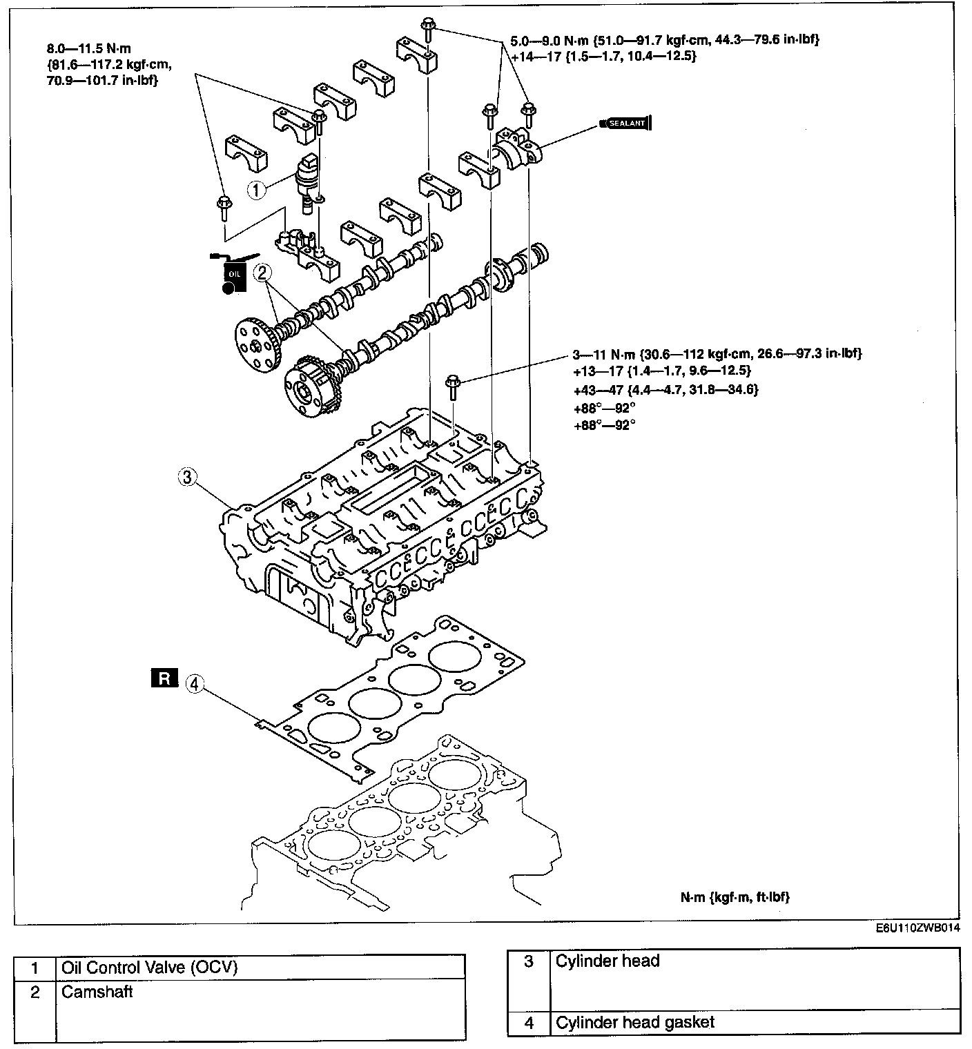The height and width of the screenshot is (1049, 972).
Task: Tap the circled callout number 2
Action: click(x=262, y=273)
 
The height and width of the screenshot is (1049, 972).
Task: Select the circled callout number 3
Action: click(x=187, y=476)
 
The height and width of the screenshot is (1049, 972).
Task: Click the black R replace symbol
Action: click(x=164, y=678)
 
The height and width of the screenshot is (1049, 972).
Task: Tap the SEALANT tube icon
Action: click(x=625, y=124)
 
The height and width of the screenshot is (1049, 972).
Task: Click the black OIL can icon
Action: click(x=233, y=274)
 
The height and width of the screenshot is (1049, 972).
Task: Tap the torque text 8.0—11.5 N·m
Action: click(x=89, y=49)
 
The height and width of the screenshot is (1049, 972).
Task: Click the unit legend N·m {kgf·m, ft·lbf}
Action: click(x=735, y=897)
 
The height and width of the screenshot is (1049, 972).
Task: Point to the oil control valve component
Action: click(x=306, y=177)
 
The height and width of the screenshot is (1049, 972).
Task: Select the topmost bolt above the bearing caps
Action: click(x=426, y=28)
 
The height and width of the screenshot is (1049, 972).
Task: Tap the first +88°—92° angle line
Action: click(x=604, y=408)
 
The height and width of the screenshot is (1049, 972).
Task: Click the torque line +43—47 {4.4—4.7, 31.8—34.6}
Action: click(x=665, y=390)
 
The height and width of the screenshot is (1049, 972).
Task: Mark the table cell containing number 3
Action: click(x=529, y=961)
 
